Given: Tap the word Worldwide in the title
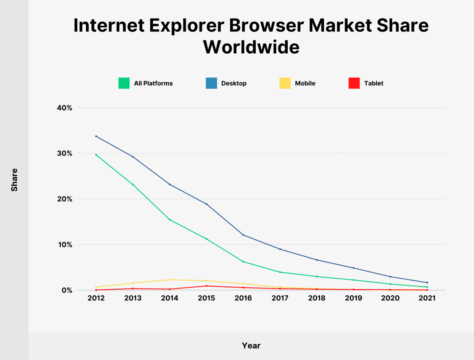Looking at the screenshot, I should [251, 47].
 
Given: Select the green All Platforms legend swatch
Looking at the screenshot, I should [124, 83].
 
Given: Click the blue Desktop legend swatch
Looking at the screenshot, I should [211, 83].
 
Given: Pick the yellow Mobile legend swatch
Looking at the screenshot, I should [285, 83].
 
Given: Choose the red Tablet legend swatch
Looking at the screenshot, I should [354, 83].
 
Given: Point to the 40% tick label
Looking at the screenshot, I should [64, 108].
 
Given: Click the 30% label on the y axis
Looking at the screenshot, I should [64, 154].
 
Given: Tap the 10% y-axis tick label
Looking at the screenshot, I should [64, 245].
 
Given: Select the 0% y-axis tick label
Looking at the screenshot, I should [67, 290].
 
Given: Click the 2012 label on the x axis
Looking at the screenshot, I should [96, 298].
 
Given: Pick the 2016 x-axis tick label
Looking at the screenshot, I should [243, 298].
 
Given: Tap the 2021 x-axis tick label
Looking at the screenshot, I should [427, 298].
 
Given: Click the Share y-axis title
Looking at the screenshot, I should [14, 180].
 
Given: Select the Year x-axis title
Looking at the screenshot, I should [251, 346].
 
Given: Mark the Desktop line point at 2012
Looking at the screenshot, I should [96, 136].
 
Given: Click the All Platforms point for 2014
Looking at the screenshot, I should [170, 220].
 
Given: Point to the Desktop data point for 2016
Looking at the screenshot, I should [243, 235].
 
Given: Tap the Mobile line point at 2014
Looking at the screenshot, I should [170, 280].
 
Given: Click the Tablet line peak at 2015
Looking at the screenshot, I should [206, 286].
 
